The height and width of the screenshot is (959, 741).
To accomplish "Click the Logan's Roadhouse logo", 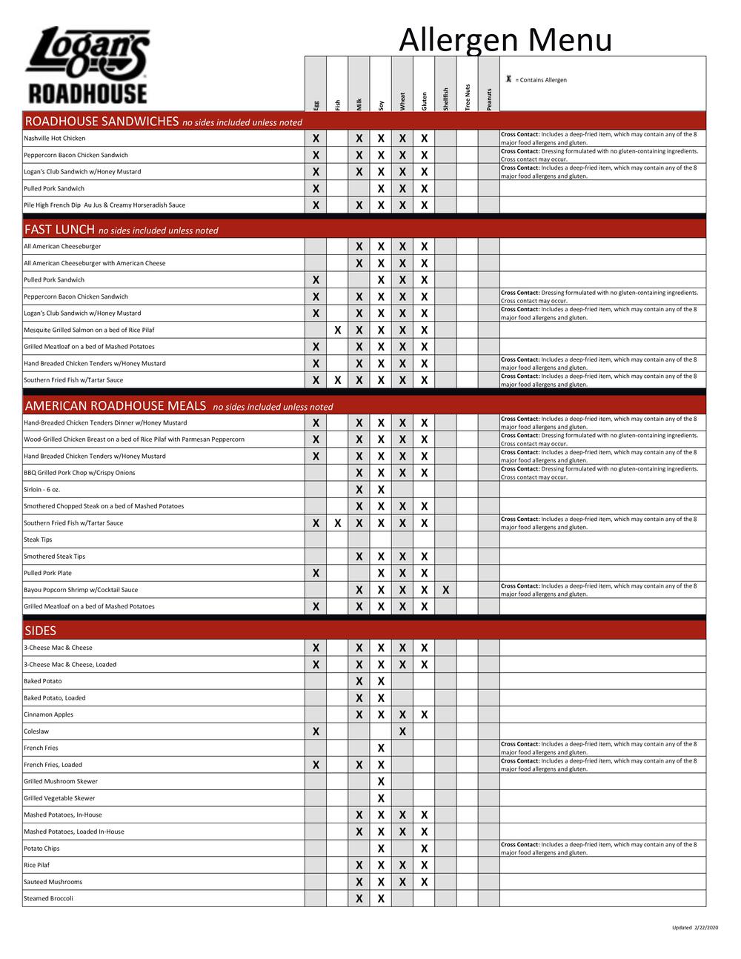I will [87, 65].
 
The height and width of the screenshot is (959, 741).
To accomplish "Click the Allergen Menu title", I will [505, 39].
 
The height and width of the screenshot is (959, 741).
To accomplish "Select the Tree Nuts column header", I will [467, 97].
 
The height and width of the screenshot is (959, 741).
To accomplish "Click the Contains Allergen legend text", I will [540, 80].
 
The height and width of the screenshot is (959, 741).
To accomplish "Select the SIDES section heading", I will [40, 631].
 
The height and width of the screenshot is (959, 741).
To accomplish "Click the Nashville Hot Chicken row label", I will [54, 139].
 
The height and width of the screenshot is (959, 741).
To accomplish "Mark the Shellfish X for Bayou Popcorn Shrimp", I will [445, 590].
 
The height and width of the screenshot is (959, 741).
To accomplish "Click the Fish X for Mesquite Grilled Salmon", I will [337, 331].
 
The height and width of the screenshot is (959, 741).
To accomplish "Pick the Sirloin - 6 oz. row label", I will [41, 490].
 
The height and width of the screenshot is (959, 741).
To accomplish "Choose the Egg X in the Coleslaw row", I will [316, 731].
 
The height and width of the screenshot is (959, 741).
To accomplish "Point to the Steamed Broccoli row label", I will [48, 899].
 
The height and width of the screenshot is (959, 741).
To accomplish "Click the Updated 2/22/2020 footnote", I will [695, 928].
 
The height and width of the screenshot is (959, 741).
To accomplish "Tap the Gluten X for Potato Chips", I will [424, 849].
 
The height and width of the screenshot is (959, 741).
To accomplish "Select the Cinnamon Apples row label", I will [48, 715].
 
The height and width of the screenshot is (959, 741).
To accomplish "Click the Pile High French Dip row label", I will [104, 205].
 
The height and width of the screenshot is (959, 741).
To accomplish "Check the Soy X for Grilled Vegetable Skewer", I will [381, 798].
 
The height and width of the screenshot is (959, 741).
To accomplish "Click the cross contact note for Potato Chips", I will [598, 849].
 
